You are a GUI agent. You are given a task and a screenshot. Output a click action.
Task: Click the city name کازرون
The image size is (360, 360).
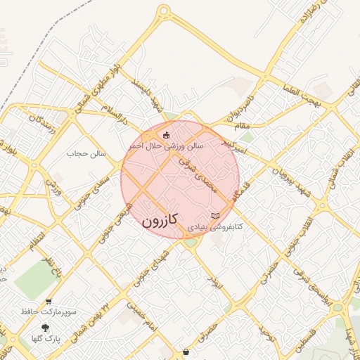pyautogui.click(x=161, y=220)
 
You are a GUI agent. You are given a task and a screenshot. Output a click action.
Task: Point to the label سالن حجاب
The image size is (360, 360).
pyautogui.click(x=86, y=153)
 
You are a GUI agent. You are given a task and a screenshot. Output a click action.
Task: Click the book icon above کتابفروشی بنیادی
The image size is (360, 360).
pyautogui.click(x=215, y=214)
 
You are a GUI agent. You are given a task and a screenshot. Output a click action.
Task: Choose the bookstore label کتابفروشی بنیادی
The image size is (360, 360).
pyautogui.click(x=219, y=228)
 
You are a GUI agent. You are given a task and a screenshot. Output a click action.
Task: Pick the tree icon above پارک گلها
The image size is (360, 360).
pyautogui.click(x=46, y=328)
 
